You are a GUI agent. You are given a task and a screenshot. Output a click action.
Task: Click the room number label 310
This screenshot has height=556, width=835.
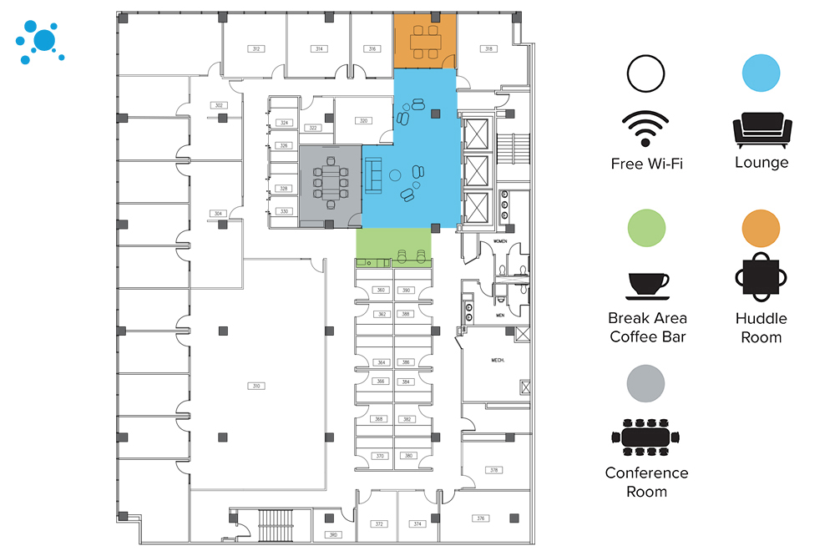(257, 386)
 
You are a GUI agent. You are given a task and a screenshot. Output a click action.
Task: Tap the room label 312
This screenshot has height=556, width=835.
(256, 49)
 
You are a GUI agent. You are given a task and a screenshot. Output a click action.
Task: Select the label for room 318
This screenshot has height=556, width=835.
(489, 49)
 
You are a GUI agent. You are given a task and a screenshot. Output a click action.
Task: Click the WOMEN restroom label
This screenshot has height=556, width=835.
(501, 242)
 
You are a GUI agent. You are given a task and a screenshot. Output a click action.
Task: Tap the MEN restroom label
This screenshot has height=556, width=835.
(500, 316)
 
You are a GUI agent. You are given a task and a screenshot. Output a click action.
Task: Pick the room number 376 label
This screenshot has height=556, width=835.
(480, 518)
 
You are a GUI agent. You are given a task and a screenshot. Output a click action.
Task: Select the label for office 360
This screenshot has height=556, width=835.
(381, 291)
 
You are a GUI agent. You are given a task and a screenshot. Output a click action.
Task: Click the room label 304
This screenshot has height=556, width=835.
(218, 214)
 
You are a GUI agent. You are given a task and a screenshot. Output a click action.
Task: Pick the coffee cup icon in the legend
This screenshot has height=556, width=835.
(647, 285)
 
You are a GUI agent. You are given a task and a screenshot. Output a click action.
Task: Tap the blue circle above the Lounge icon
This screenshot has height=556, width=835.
(762, 73)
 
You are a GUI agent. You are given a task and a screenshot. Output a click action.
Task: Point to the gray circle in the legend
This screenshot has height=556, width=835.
(646, 383)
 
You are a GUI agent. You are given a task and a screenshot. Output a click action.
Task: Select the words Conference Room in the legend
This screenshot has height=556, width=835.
(647, 482)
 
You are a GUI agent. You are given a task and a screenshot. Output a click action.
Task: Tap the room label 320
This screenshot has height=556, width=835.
(363, 121)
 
